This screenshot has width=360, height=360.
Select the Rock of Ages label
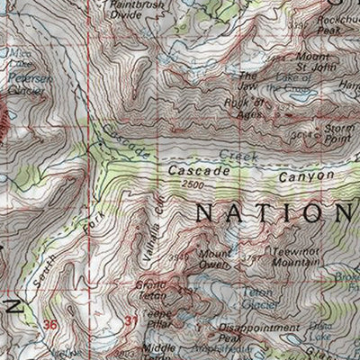point(254,106)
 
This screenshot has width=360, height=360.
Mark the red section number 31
point(132,319)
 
